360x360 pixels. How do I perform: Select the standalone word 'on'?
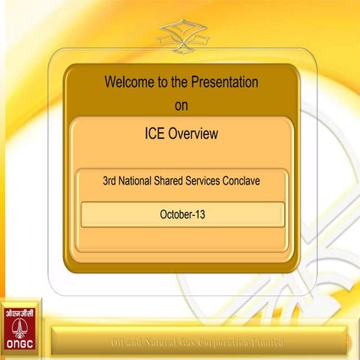[x=181, y=105]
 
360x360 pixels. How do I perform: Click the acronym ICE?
[x=157, y=134]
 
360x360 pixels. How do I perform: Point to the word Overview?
[x=194, y=134]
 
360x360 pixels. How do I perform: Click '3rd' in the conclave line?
[x=110, y=181]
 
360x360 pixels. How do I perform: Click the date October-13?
[x=182, y=214]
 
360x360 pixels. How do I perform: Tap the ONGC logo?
[x=21, y=328]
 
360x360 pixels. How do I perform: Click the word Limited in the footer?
[x=268, y=343]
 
